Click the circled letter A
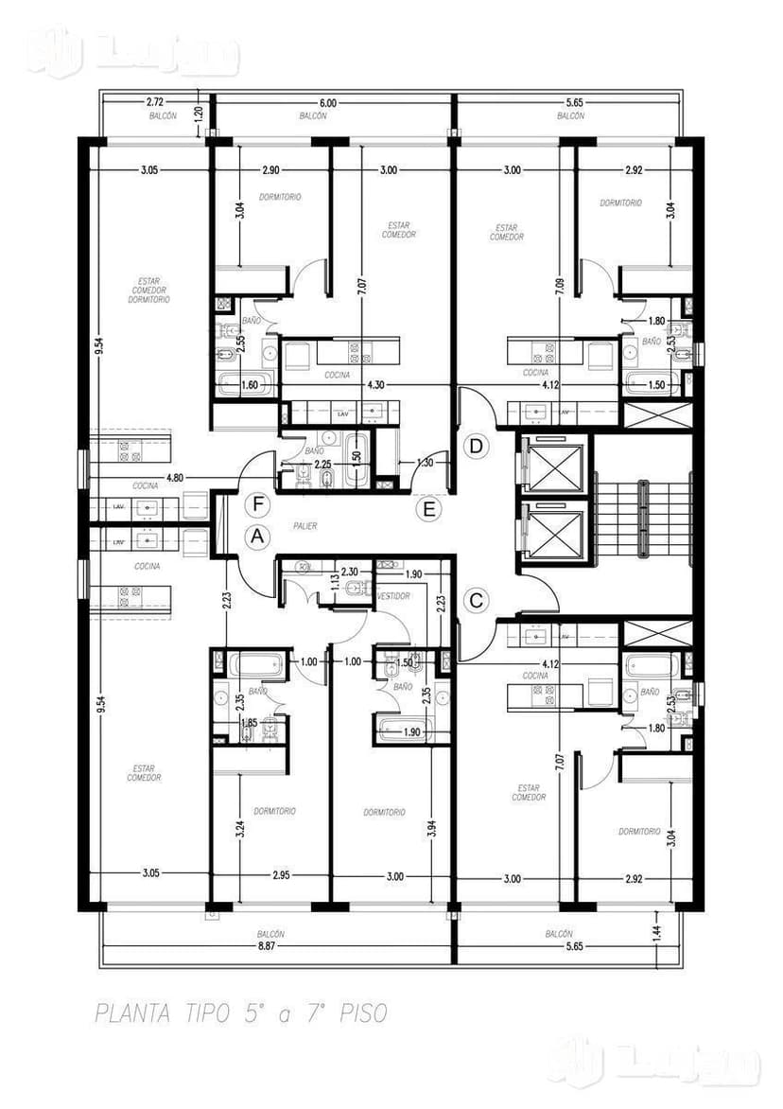tap(255, 535)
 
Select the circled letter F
tap(255, 502)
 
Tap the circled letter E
tap(429, 510)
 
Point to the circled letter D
tap(477, 445)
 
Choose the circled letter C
tap(477, 599)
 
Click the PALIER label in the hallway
tap(305, 526)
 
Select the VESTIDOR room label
tap(392, 597)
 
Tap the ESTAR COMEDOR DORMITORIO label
tap(153, 290)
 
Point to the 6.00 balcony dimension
tap(327, 102)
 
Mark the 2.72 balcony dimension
tap(157, 101)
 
